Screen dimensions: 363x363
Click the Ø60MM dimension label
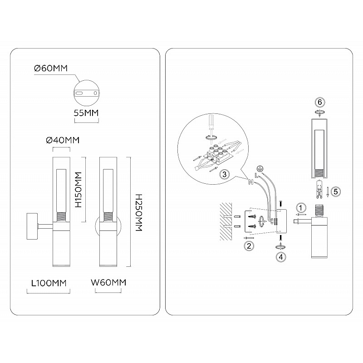pyautogui.click(x=51, y=69)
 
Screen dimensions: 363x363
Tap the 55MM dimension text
pyautogui.click(x=86, y=113)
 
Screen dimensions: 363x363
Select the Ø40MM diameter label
pyautogui.click(x=63, y=140)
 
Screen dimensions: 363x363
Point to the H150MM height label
pyautogui.click(x=79, y=190)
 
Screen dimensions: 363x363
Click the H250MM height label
pyautogui.click(x=138, y=212)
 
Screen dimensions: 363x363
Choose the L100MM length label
pyautogui.click(x=49, y=283)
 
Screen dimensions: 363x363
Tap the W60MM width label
pyautogui.click(x=108, y=283)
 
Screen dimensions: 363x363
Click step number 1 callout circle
pyautogui.click(x=301, y=208)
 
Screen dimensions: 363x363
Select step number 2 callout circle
pyautogui.click(x=249, y=246)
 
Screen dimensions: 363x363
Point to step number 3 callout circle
pyautogui.click(x=224, y=174)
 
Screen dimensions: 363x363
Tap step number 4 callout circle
pyautogui.click(x=281, y=257)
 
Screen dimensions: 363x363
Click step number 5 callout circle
pyautogui.click(x=336, y=191)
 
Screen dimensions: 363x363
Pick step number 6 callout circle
pyautogui.click(x=320, y=102)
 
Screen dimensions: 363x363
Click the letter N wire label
pyautogui.click(x=251, y=182)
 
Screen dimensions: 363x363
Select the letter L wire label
pyautogui.click(x=256, y=176)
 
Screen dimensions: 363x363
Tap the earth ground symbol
pyautogui.click(x=260, y=169)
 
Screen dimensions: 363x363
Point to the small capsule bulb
pyautogui.click(x=320, y=189)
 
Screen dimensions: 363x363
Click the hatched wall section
pyautogui.click(x=226, y=221)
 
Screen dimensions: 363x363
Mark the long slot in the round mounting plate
pyautogui.click(x=79, y=93)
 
